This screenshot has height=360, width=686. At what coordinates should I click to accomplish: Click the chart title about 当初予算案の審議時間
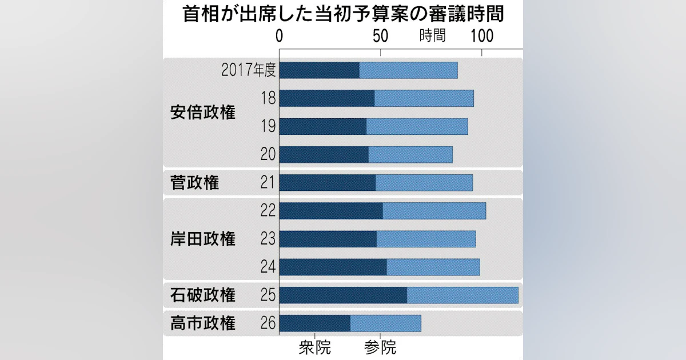(x=343, y=14)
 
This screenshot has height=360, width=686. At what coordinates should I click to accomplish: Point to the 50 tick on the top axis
(x=381, y=35)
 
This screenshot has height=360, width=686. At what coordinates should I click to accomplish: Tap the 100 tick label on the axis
(x=482, y=35)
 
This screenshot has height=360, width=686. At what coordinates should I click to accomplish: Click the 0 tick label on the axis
(x=279, y=35)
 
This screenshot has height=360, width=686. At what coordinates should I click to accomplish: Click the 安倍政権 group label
(x=202, y=113)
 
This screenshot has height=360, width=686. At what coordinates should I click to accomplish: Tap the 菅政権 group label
(x=194, y=183)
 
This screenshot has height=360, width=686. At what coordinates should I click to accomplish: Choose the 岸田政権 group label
(x=202, y=239)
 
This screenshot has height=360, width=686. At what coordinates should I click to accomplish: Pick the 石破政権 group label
(x=202, y=295)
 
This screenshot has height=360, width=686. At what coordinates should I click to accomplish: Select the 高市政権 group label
(x=202, y=323)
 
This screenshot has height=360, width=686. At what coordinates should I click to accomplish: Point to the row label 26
(x=268, y=323)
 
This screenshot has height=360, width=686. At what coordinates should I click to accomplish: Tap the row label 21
(x=268, y=183)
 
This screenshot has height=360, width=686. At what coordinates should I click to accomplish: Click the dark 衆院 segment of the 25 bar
(x=343, y=295)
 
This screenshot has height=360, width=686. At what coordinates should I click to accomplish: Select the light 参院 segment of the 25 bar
(x=462, y=295)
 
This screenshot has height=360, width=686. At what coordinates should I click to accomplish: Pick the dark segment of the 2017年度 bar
(x=320, y=70)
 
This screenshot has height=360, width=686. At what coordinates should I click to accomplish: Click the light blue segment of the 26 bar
(x=385, y=323)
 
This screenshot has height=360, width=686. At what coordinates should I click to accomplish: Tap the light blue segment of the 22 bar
(x=434, y=211)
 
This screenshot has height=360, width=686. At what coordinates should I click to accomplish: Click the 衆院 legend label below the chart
(x=314, y=347)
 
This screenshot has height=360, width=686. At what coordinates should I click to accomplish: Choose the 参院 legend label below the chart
(x=380, y=347)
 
